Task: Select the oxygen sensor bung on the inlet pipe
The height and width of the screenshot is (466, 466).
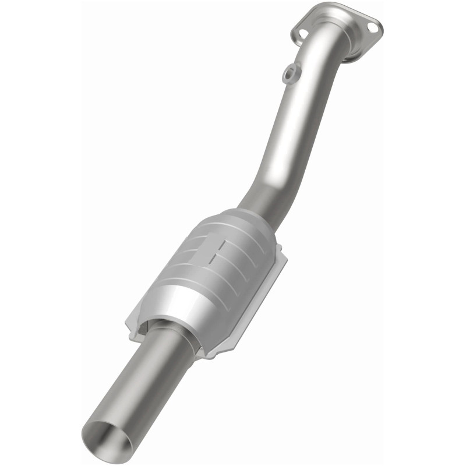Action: click(290, 74)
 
